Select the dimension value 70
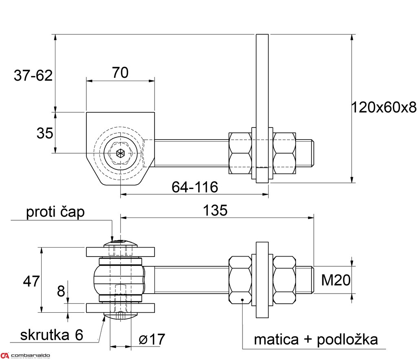(120, 72)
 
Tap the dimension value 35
(45, 133)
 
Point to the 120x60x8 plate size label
(384, 108)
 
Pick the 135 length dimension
(215, 211)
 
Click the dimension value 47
(31, 281)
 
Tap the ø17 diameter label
(152, 339)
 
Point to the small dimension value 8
(61, 291)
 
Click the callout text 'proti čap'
(55, 212)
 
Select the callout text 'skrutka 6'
(52, 335)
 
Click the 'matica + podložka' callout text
(316, 339)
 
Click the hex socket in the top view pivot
(120, 154)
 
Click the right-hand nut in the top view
(284, 153)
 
